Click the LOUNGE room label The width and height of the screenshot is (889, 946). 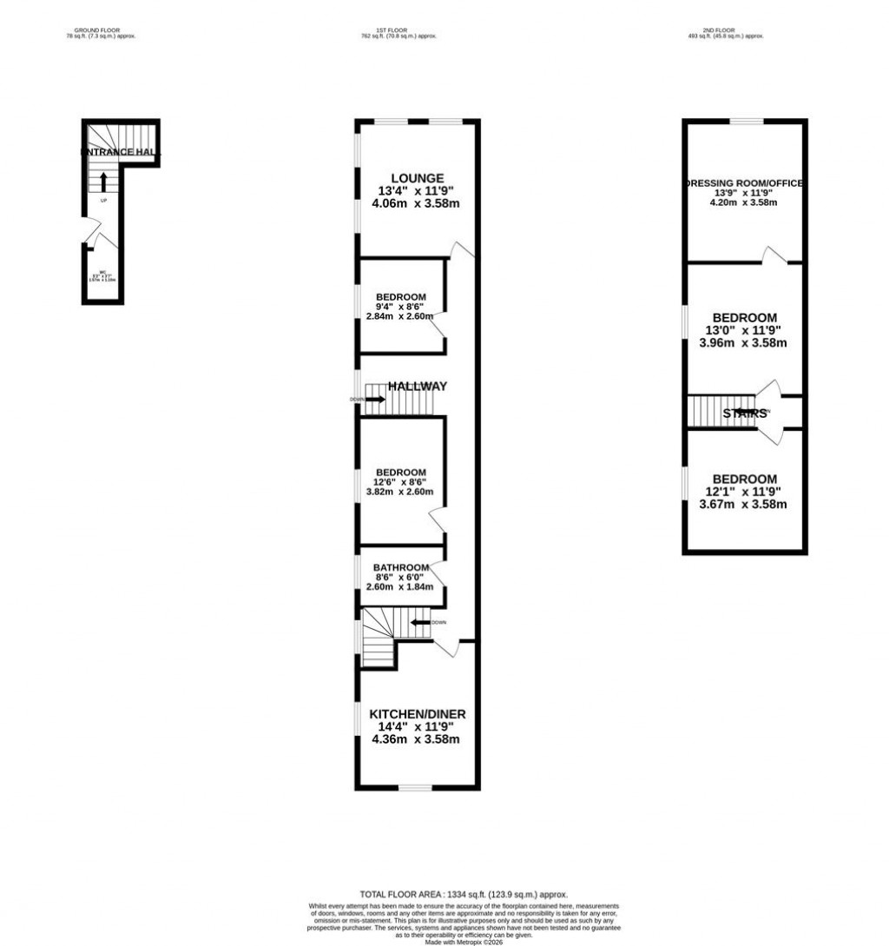point(405,178)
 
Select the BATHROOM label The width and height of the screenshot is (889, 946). point(402,568)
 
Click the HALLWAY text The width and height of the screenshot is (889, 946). point(417,386)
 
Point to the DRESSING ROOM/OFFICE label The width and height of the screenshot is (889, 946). point(745,183)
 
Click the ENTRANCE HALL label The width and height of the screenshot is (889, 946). point(122,152)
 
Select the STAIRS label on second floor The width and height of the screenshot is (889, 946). point(745,413)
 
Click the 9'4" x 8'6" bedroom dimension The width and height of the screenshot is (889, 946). point(401,306)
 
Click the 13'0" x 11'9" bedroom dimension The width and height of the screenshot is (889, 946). point(745,330)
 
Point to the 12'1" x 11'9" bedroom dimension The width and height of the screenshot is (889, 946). point(745,492)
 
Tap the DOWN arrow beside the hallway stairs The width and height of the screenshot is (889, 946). point(375,400)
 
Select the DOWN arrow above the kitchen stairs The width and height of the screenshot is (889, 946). point(421,622)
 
